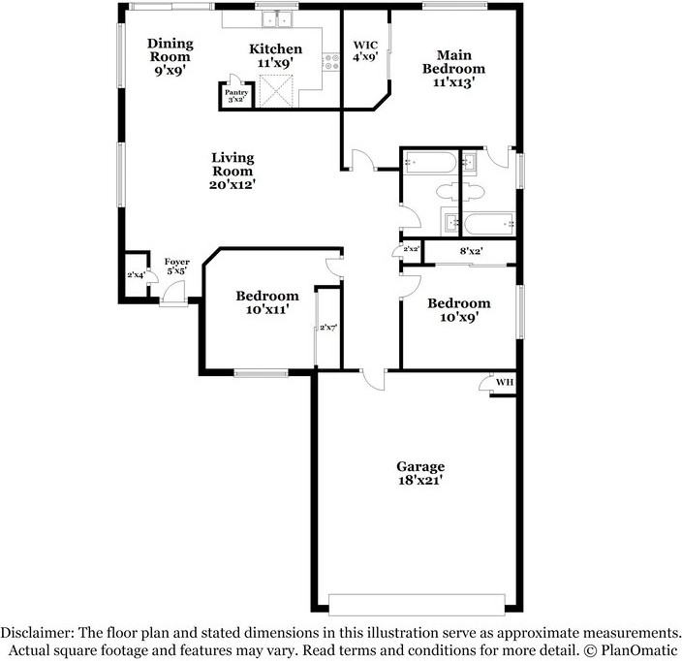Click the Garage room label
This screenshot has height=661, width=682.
tap(419, 472)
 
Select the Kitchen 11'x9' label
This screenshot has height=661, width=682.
tap(275, 55)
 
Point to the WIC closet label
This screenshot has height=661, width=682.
tap(365, 50)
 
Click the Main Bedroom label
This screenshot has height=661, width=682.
tap(452, 69)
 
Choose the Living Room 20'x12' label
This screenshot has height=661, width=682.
tap(232, 170)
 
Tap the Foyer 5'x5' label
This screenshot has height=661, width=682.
tap(176, 267)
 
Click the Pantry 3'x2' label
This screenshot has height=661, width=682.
tap(237, 95)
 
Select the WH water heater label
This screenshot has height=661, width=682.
tap(504, 383)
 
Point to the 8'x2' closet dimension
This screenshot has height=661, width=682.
tap(471, 252)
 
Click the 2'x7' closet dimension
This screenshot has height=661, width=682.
tap(329, 328)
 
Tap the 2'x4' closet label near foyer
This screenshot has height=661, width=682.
tap(136, 275)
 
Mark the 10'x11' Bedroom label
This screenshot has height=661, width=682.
tap(266, 302)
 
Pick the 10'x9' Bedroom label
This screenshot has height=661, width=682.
tap(459, 309)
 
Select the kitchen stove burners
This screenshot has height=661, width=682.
tap(333, 63)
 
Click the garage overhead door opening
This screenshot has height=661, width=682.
tap(420, 598)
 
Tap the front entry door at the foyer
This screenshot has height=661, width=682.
tap(174, 298)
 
